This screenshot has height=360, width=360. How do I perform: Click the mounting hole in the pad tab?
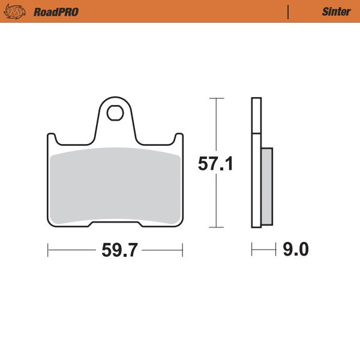click(115, 112)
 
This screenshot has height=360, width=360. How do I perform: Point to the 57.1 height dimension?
click(215, 164)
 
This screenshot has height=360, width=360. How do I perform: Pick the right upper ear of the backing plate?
click(178, 139)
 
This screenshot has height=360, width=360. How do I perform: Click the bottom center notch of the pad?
click(115, 225)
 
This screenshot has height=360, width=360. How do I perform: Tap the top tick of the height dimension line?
click(216, 98)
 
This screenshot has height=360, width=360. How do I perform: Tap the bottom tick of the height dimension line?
click(216, 228)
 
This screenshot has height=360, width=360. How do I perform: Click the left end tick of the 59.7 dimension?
click(48, 249)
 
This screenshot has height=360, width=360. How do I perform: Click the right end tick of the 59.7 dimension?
click(182, 249)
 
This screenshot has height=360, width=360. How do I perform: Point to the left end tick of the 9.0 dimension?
click(252, 249)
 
